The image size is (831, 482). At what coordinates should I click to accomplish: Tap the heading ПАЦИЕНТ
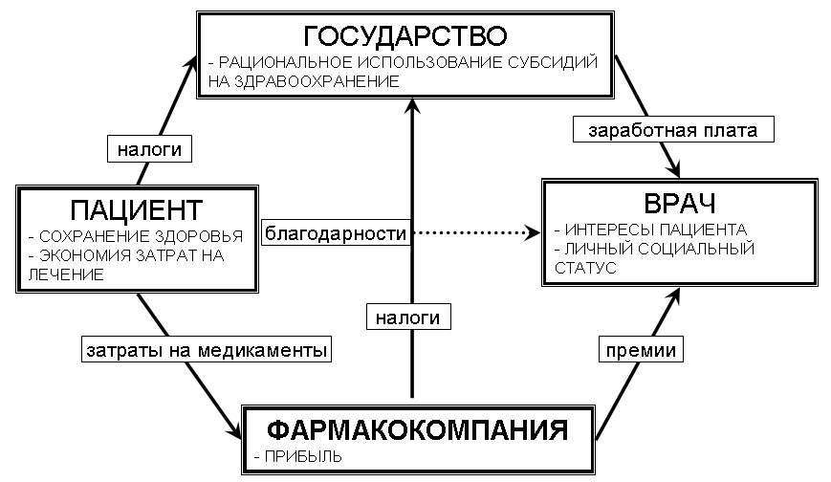(138, 208)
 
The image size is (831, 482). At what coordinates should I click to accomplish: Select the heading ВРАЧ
(681, 204)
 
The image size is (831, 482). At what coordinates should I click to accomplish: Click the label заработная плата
(673, 130)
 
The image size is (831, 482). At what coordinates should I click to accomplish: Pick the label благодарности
(338, 232)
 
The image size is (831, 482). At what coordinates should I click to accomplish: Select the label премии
(641, 350)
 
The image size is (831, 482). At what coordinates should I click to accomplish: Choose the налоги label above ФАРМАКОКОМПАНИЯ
(407, 315)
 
